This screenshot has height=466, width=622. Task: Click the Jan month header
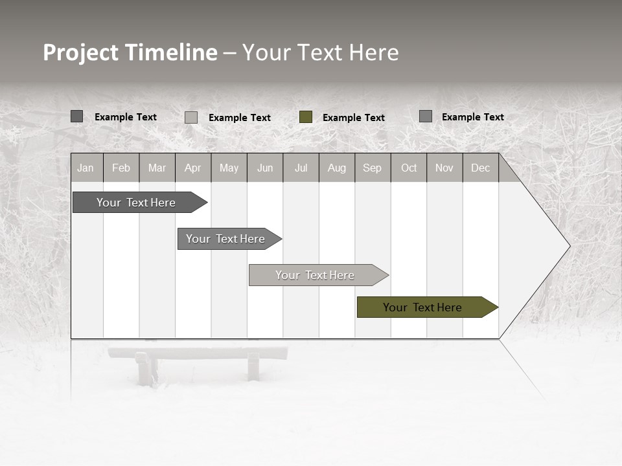pos(86,168)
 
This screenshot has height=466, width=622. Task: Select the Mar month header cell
pos(157,168)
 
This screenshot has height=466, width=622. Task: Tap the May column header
pos(229,168)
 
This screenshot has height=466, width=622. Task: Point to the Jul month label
pos(301,168)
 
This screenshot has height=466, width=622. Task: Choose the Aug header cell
pos(337,168)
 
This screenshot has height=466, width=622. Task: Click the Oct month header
pos(409,168)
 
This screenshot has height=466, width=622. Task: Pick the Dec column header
pos(481,168)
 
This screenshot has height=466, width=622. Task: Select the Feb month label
pos(121,168)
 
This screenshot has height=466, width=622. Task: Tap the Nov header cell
pos(444,168)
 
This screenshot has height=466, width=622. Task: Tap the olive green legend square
pos(306,117)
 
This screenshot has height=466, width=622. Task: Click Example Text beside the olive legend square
pos(354,118)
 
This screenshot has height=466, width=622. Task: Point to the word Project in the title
pos(80,52)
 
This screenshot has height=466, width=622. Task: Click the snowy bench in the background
pos(198,362)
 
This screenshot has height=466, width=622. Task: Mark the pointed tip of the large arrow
pos(569,246)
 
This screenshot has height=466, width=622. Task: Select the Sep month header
pos(373,168)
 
